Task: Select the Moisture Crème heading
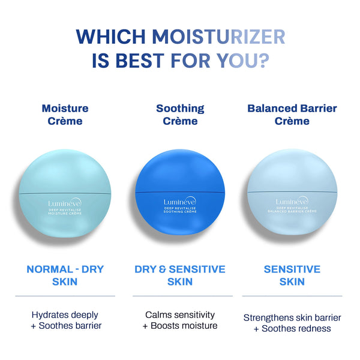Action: coord(65,115)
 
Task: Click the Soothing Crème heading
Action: coord(180,115)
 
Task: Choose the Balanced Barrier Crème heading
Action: coord(292,115)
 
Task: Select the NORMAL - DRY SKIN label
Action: coord(65,275)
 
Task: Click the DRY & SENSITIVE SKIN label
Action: coord(180,275)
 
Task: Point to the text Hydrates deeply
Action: coord(65,314)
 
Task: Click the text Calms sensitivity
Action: coord(180,314)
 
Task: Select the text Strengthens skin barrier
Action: coord(292,317)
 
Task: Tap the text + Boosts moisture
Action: coord(180,326)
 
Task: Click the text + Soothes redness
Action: coord(292,328)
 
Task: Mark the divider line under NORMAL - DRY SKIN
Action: coord(65,296)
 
